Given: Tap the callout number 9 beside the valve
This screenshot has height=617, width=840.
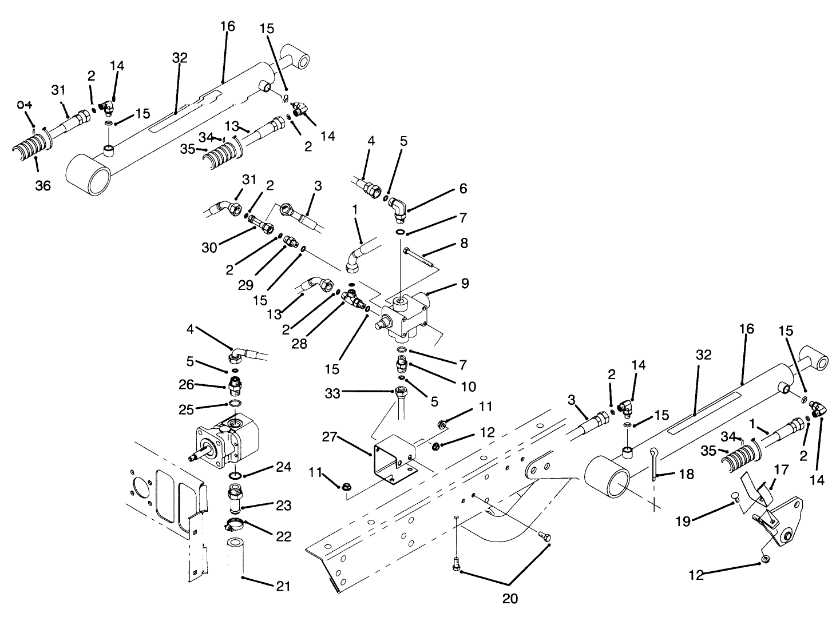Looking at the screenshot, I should point(465,283).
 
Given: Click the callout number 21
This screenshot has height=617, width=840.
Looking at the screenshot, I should point(284,586).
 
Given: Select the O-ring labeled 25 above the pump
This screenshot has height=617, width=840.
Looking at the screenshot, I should point(234,404).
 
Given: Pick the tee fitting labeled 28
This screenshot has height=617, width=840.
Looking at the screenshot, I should point(353,297).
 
